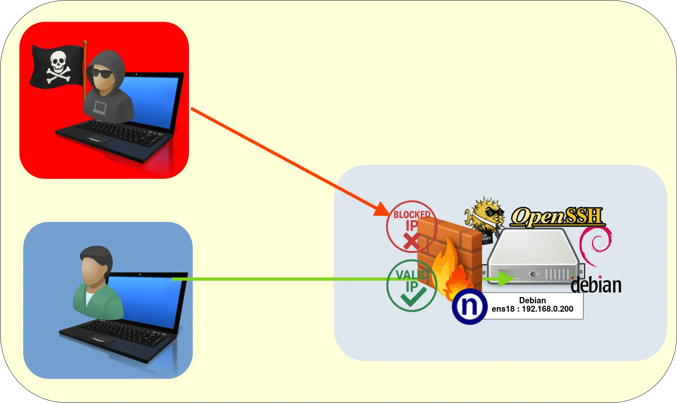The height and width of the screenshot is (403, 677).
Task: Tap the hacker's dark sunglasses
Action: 102,73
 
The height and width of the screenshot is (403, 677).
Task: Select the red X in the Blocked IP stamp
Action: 411,241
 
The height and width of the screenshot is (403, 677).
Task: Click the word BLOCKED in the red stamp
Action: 411,214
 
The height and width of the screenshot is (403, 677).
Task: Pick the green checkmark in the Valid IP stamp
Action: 413,297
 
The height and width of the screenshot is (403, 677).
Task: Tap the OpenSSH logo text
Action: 557,216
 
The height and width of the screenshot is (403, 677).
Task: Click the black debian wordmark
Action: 596,285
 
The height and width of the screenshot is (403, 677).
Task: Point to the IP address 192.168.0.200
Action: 547,309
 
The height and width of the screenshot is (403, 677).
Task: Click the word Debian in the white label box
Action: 532,300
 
